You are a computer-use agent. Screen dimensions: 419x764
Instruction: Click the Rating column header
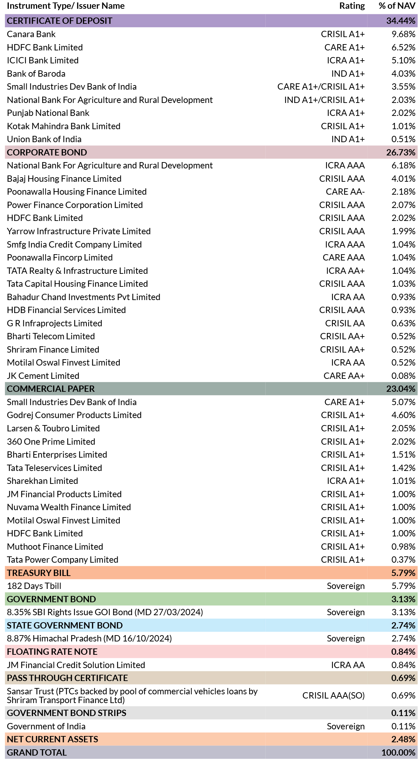click(352, 6)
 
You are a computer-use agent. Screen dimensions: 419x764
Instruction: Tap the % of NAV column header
click(397, 6)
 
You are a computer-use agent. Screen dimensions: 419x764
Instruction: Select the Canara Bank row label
click(31, 34)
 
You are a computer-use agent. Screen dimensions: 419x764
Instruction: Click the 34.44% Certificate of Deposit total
click(401, 21)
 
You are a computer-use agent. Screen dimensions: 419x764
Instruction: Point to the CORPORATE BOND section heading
click(47, 152)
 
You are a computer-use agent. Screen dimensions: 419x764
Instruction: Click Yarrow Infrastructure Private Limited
click(79, 231)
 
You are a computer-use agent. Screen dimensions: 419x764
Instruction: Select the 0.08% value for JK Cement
click(403, 376)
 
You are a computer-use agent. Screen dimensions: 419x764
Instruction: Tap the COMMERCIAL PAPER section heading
click(51, 389)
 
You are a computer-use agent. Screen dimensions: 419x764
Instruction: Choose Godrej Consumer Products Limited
click(74, 415)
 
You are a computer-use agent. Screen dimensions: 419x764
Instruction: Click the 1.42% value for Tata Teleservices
click(403, 468)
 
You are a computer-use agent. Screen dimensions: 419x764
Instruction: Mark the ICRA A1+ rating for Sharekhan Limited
click(346, 481)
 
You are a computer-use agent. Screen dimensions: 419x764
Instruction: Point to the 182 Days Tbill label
click(34, 586)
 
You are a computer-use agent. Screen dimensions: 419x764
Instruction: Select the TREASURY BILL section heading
click(39, 573)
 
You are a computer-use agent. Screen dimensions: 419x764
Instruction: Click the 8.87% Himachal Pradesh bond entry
click(89, 639)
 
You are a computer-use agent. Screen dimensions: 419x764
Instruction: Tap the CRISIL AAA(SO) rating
click(334, 695)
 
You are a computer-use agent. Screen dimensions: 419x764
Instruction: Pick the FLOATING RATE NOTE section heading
click(52, 652)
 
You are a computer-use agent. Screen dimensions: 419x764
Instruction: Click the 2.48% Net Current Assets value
click(403, 739)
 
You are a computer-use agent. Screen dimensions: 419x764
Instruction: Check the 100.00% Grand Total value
click(398, 752)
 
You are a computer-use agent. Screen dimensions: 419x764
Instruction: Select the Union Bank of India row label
click(44, 139)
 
